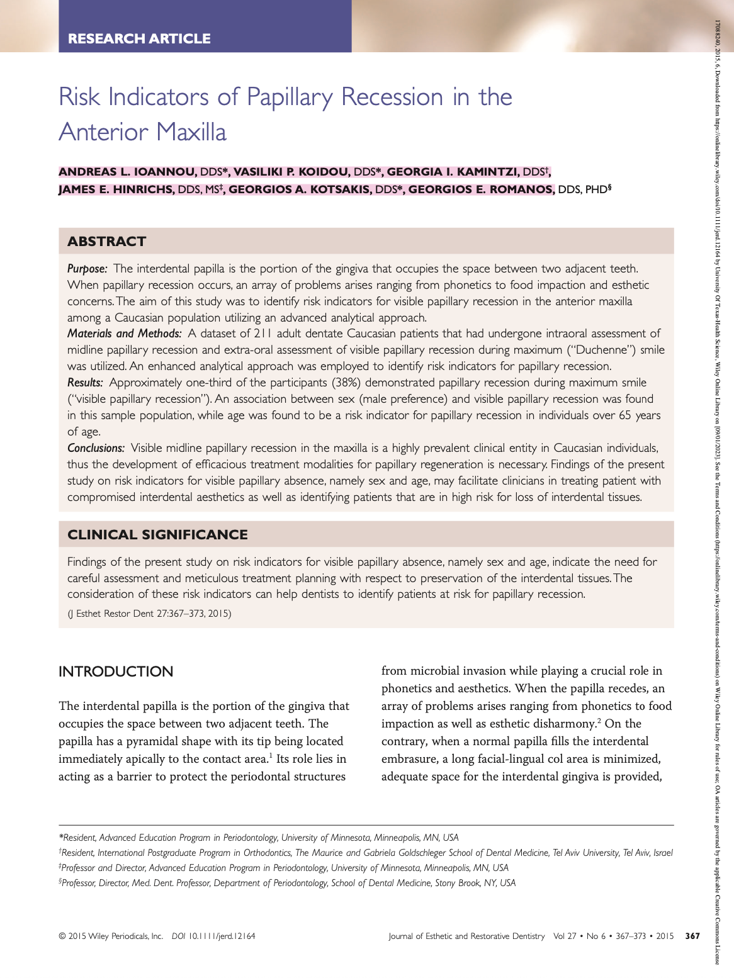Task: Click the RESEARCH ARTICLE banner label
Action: (x=139, y=38)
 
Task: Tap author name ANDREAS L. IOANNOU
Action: (x=128, y=172)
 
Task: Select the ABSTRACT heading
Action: (x=106, y=242)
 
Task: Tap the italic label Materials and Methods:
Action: (x=125, y=334)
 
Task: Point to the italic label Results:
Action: (x=86, y=383)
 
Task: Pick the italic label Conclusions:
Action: (x=96, y=448)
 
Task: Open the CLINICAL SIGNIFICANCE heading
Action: (x=157, y=535)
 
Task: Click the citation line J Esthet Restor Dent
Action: (x=149, y=614)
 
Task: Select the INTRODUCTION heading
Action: (x=116, y=672)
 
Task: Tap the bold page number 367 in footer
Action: (x=692, y=936)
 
